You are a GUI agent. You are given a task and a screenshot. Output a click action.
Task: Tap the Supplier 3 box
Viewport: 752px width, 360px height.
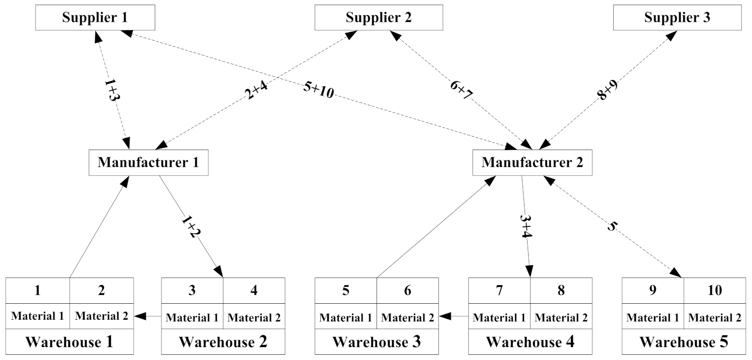677,18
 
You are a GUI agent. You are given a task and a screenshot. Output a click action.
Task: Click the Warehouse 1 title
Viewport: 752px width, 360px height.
69,341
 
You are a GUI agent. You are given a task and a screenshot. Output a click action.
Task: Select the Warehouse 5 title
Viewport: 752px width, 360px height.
684,341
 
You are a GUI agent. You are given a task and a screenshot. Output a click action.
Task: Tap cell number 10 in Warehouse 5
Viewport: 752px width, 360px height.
714,290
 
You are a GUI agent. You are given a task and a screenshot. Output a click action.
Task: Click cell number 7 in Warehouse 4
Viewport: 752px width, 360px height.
499,290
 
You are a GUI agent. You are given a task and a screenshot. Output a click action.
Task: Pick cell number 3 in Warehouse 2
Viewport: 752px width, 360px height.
192,290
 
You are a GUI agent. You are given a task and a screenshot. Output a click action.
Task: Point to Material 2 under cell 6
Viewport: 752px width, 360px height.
407,317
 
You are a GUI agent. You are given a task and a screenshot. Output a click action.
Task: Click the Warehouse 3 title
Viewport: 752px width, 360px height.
376,341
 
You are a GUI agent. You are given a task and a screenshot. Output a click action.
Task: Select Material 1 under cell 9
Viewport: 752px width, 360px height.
653,317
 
